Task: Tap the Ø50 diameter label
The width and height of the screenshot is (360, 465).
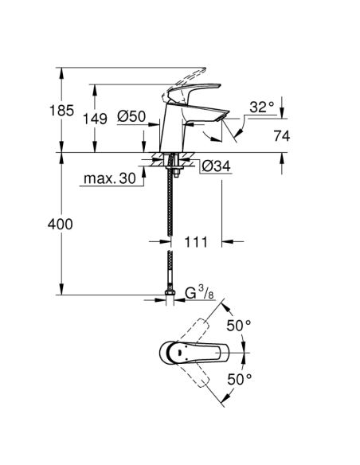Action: tap(131, 116)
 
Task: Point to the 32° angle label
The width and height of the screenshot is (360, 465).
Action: tap(261, 107)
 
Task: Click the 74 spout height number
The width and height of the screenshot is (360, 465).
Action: tap(281, 136)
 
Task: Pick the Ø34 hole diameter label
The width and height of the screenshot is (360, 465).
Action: tap(216, 167)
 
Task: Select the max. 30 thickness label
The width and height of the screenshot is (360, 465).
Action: tap(108, 180)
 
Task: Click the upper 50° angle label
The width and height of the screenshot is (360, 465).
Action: tap(238, 326)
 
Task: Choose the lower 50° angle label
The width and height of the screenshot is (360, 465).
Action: tap(238, 379)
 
